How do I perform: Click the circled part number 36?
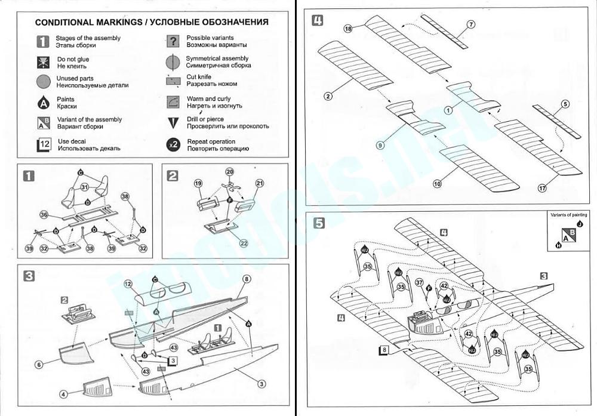[x=44, y=215]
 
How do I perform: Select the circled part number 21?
[x=259, y=183]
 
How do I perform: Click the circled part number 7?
[x=471, y=24]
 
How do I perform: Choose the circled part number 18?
[x=349, y=29]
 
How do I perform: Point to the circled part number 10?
[x=438, y=184]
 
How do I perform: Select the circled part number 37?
[x=419, y=282]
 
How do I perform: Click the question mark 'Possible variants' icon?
[x=173, y=41]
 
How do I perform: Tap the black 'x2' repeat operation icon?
[x=173, y=145]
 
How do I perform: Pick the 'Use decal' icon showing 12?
[x=44, y=145]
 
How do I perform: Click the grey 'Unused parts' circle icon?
[x=43, y=82]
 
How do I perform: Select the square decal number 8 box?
[x=385, y=350]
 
